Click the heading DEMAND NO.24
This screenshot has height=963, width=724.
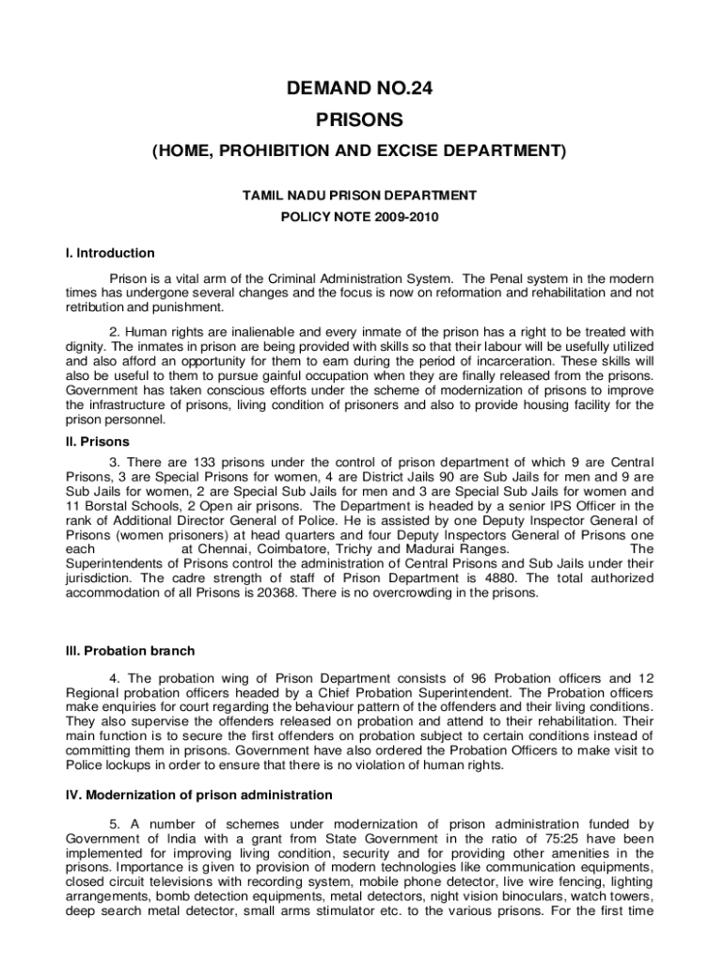361,89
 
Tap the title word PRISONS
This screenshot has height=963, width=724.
361,119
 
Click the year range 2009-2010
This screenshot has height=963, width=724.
409,217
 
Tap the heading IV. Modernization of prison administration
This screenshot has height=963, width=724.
198,795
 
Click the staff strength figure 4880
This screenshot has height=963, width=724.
506,578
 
